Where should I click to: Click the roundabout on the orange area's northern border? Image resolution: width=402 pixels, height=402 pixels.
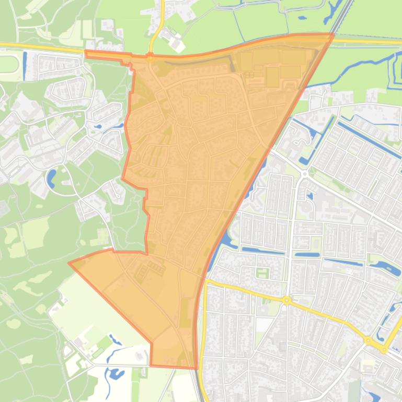(150, 58)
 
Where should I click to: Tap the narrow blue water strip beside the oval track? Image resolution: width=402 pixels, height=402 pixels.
(25, 63)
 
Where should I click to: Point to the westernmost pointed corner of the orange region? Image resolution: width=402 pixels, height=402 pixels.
(70, 263)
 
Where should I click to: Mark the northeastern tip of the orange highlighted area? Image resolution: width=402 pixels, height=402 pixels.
(333, 34)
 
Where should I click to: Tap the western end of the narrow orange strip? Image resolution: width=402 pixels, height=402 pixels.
(87, 53)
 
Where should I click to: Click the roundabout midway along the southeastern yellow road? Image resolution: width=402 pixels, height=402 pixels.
(286, 300)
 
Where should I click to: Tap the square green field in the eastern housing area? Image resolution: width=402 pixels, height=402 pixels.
(262, 273)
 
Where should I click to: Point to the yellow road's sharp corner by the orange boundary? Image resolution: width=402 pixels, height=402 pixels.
(207, 282)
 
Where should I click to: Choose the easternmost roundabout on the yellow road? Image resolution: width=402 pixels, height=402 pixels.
(384, 350)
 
